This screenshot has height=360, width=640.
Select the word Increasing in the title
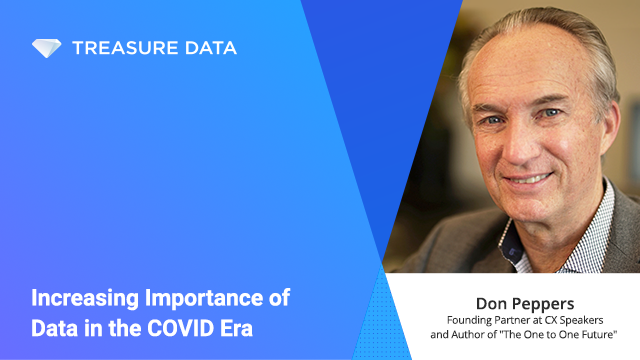pyautogui.click(x=82, y=298)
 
